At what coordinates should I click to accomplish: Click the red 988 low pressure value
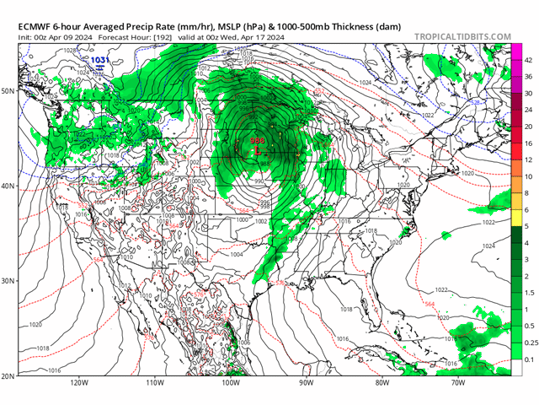pos(258,142)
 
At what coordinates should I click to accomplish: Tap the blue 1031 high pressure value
pos(99,60)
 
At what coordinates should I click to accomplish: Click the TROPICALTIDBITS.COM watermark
pos(462,36)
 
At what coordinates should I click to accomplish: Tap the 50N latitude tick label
pos(11,90)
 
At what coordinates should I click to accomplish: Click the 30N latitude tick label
pos(11,280)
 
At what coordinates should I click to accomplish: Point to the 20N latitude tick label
pos(11,375)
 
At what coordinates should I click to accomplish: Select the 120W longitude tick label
pos(80,382)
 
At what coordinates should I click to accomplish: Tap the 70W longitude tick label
pos(457,382)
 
